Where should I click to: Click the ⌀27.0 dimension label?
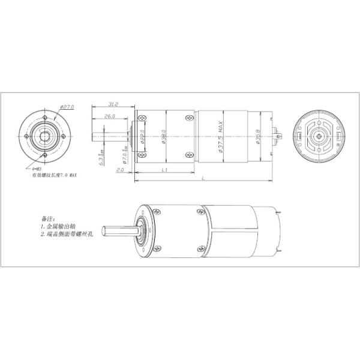(67, 107)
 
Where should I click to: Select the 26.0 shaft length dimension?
(110, 116)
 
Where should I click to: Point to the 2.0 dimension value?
(121, 170)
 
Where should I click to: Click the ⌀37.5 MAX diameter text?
(221, 137)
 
